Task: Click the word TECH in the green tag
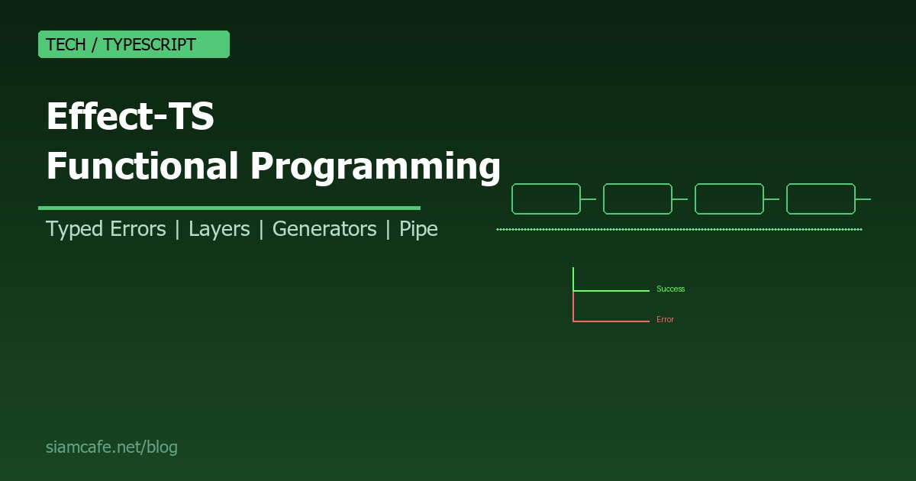click(x=66, y=45)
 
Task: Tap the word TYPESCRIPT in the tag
click(x=150, y=45)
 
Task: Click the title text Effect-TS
click(x=130, y=118)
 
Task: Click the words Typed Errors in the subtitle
click(x=105, y=229)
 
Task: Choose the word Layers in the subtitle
click(x=219, y=229)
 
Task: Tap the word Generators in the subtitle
click(x=324, y=229)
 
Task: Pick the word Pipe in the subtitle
click(x=418, y=229)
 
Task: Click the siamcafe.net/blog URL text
click(x=111, y=447)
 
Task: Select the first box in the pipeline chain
click(x=546, y=199)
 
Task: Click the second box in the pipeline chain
click(x=637, y=199)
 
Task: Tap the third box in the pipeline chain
click(x=729, y=199)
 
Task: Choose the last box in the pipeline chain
click(x=821, y=199)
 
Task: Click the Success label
click(x=670, y=289)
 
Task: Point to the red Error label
click(x=665, y=320)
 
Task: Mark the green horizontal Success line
click(x=611, y=290)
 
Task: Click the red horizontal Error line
click(x=611, y=321)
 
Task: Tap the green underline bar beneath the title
click(x=229, y=208)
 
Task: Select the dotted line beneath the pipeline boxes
click(x=679, y=229)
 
